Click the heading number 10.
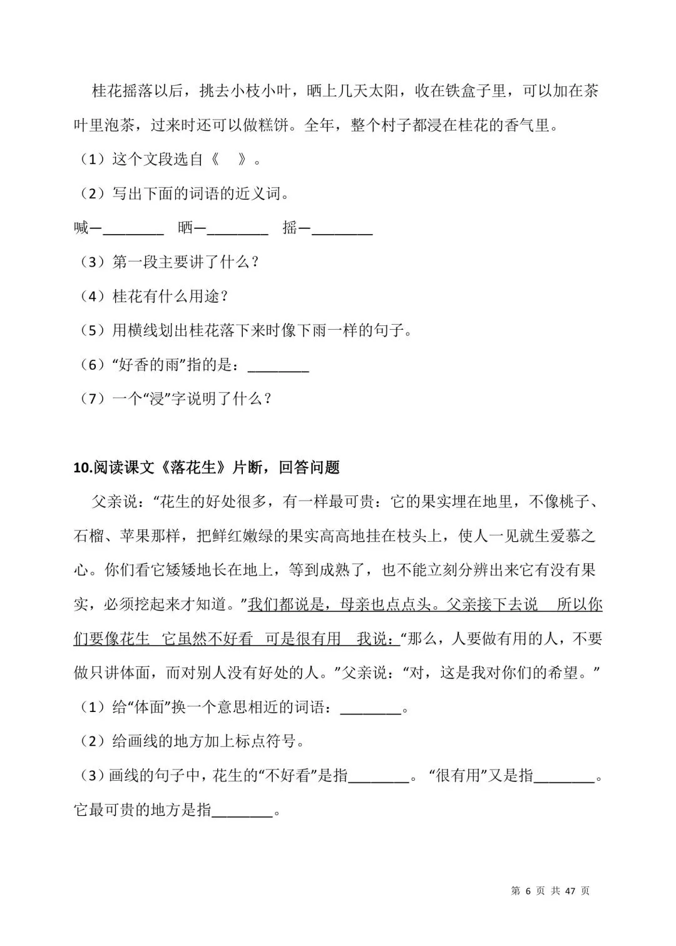point(82,467)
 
